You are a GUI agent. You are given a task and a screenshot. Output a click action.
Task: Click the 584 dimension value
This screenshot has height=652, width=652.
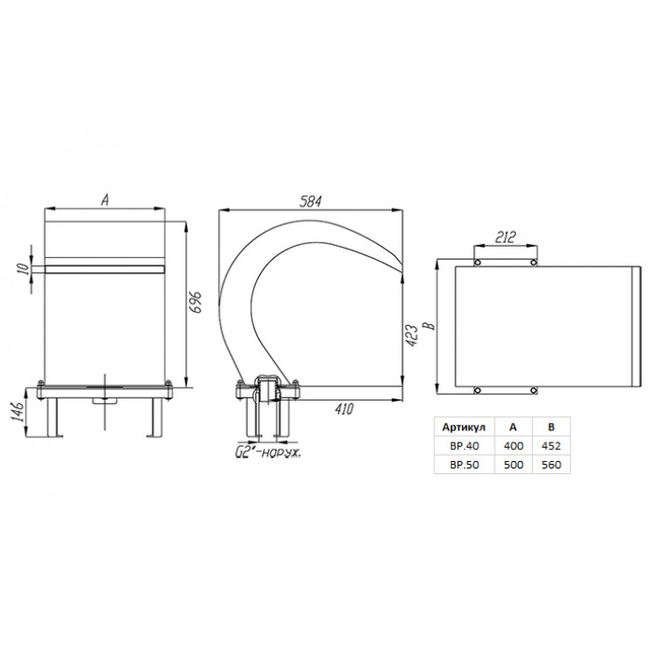coord(310,202)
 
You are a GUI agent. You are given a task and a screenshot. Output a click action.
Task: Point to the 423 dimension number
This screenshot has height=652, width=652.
coord(411,336)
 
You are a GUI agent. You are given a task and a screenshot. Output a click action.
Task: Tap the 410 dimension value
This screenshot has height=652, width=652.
coord(345,409)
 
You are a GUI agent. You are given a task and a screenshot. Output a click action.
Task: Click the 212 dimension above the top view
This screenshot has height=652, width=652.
coord(505,238)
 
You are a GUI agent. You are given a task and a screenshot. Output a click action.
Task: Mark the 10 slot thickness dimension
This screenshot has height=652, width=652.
coord(25,268)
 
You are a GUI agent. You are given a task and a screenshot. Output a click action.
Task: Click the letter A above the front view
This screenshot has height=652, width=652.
coord(105,200)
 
